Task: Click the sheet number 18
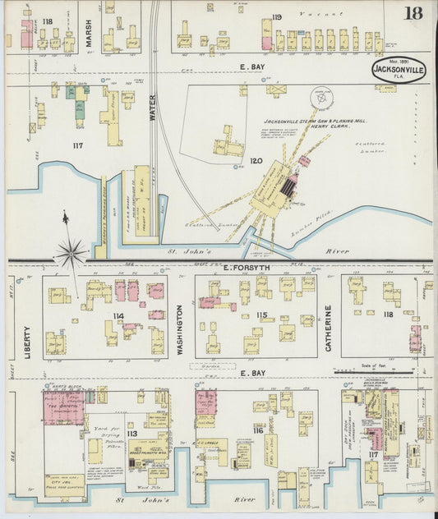(x=414, y=12)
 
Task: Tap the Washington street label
(x=181, y=328)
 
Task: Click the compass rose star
(x=71, y=252)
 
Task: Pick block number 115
(x=262, y=315)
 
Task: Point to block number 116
(x=258, y=431)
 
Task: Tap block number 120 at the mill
(x=256, y=161)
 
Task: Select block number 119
(x=277, y=16)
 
